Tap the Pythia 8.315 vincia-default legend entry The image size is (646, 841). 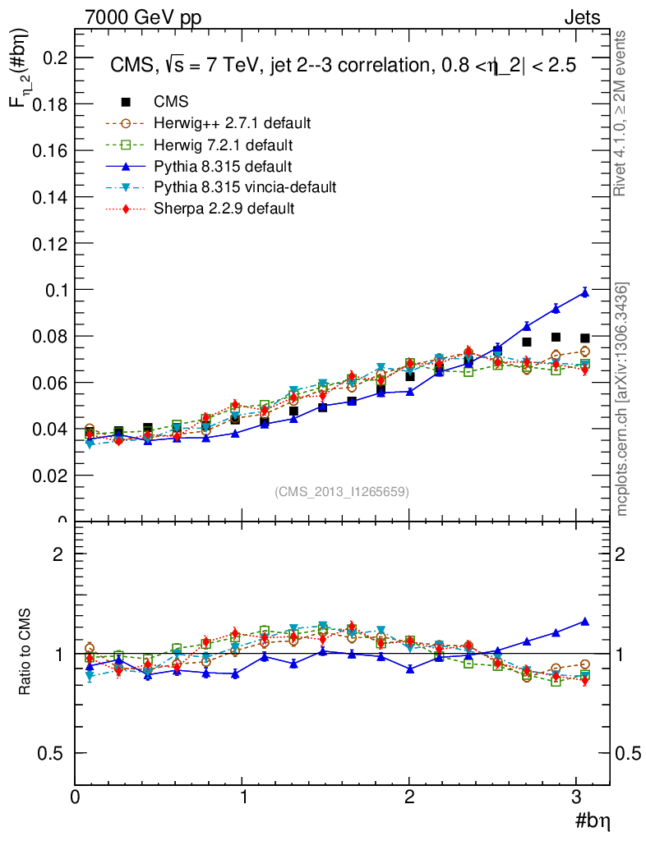click(244, 187)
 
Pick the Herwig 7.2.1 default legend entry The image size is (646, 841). click(223, 145)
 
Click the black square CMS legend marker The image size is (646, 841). click(126, 102)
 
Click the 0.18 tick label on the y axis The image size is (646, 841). click(48, 104)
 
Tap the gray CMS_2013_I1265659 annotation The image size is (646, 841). click(342, 491)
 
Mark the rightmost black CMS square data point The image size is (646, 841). click(585, 338)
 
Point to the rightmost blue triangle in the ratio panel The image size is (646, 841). click(585, 622)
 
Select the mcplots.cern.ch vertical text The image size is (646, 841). click(622, 399)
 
